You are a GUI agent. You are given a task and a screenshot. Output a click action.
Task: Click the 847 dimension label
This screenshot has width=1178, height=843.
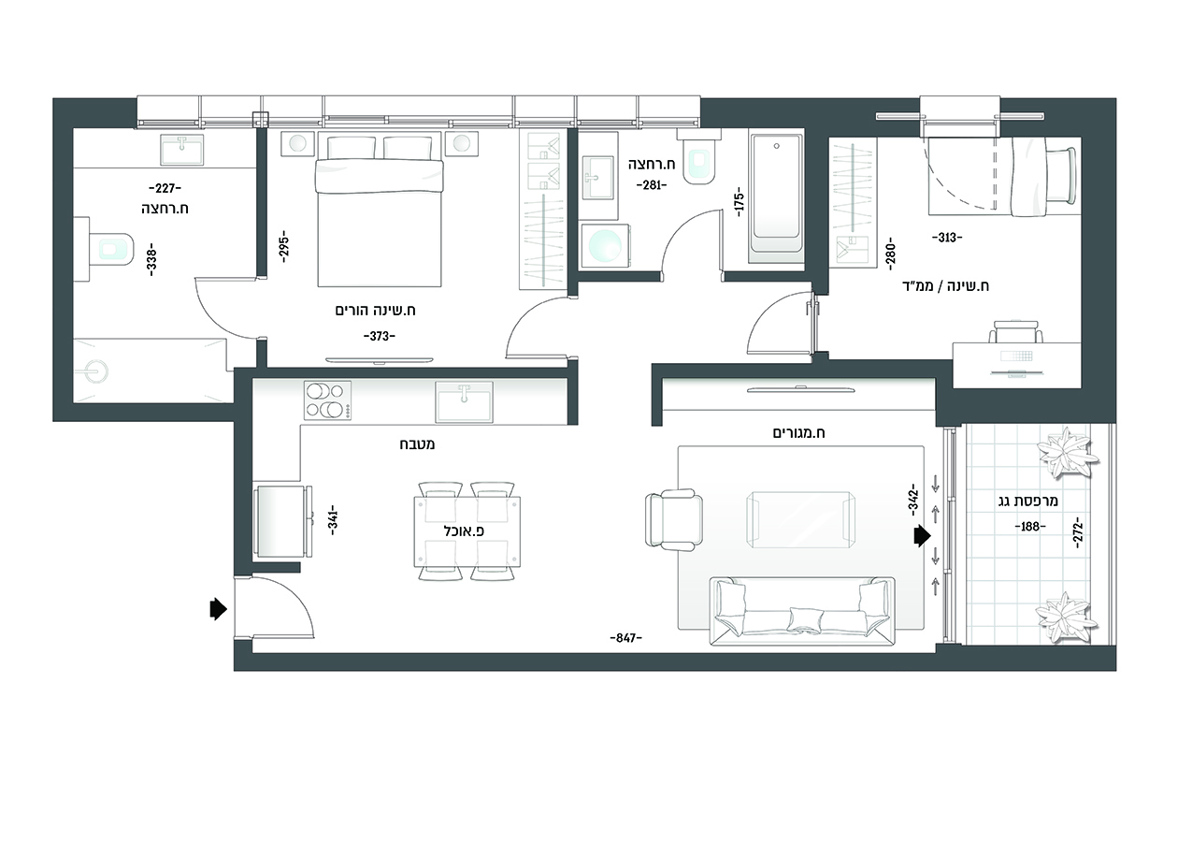tap(625, 638)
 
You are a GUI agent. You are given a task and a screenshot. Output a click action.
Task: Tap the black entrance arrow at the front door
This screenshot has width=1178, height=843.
tap(219, 609)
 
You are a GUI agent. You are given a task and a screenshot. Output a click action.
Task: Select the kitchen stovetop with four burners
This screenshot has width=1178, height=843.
tap(327, 400)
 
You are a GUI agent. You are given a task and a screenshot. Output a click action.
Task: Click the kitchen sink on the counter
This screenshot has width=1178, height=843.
tap(464, 402)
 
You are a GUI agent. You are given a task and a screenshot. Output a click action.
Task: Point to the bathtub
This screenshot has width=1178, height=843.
tap(777, 199)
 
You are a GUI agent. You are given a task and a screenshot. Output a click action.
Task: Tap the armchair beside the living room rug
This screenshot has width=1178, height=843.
tap(674, 520)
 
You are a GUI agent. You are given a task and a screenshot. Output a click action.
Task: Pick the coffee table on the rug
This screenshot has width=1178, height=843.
tap(800, 520)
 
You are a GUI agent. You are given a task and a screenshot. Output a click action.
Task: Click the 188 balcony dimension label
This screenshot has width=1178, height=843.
tap(1029, 526)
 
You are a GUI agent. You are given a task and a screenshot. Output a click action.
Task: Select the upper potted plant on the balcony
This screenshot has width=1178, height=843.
tap(1067, 453)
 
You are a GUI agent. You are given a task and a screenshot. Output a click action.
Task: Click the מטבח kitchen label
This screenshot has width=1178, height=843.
tap(417, 444)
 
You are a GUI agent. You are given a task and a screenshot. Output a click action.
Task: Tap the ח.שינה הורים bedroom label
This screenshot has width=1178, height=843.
tap(376, 311)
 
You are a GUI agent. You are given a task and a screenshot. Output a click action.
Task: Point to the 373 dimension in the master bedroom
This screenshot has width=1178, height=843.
tap(380, 336)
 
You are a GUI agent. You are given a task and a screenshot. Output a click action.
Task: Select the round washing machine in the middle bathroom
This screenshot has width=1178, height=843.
tap(605, 245)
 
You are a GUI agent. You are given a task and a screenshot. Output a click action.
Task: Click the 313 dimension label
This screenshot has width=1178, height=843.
tap(946, 238)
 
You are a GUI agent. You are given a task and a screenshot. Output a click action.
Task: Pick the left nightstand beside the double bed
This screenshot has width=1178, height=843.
tap(297, 144)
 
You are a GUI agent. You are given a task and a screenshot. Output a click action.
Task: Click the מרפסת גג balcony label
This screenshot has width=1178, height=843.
tap(1028, 501)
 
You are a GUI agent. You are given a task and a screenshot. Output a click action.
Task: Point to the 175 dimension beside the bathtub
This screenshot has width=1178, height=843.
tap(740, 201)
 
